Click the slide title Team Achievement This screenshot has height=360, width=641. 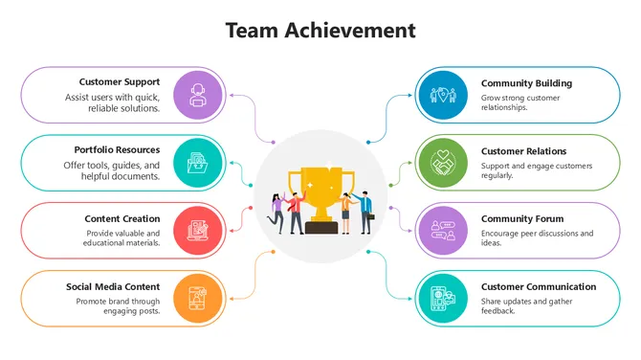(x=320, y=31)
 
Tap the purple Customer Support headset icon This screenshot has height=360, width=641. (x=198, y=95)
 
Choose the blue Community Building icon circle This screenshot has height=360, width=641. (x=442, y=95)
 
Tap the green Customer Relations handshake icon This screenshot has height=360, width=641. (x=442, y=163)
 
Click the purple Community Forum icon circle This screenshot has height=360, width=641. (x=442, y=230)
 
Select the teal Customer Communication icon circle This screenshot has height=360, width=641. (x=442, y=298)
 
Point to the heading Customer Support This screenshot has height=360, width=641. (x=120, y=82)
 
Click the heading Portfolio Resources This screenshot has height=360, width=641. (x=117, y=150)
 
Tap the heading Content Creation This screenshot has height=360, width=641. (x=122, y=218)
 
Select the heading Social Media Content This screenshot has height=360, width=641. (x=113, y=286)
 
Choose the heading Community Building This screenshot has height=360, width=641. (x=526, y=83)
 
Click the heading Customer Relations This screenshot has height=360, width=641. (x=523, y=151)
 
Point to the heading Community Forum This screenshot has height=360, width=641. (x=521, y=218)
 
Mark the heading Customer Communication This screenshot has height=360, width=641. (x=539, y=286)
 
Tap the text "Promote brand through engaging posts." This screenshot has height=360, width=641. (x=118, y=306)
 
